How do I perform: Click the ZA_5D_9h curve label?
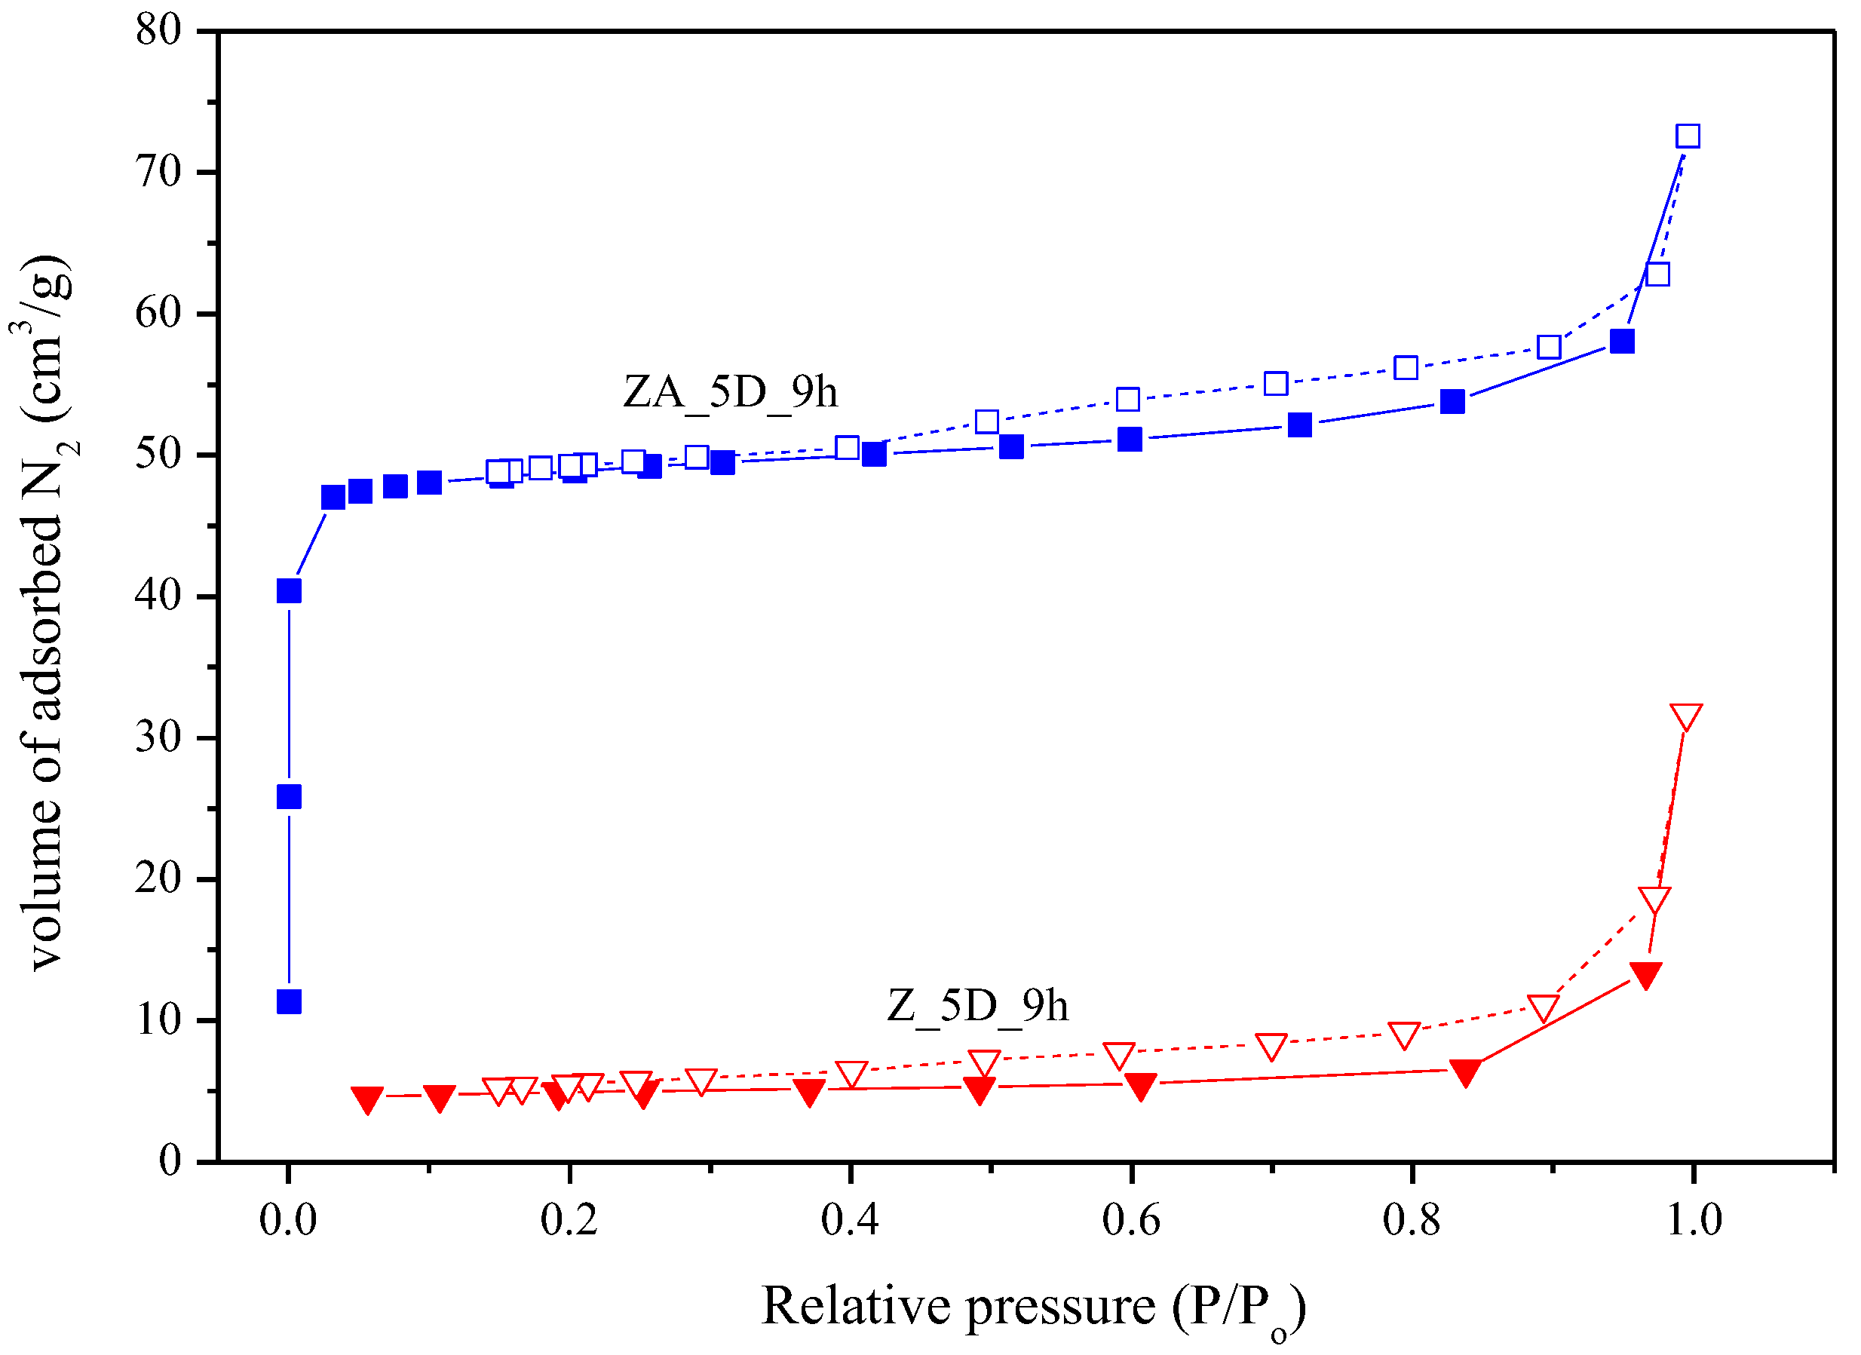(730, 392)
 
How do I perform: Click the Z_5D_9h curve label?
(978, 1006)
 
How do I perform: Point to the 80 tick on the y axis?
(158, 30)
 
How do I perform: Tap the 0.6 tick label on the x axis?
(1131, 1220)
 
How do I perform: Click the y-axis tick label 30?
(158, 737)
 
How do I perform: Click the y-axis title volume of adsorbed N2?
(45, 612)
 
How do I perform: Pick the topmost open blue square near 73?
(1688, 136)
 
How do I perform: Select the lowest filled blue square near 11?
(289, 1002)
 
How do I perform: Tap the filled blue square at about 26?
(289, 797)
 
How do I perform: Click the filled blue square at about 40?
(289, 591)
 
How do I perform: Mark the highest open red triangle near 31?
(1686, 716)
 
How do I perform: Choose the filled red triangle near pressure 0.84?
(1465, 1071)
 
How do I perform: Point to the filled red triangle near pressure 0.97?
(1646, 974)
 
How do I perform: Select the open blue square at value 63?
(1657, 274)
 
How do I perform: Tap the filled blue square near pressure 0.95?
(1622, 342)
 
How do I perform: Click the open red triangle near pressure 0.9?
(1544, 1008)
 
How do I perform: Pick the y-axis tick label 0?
(170, 1162)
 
